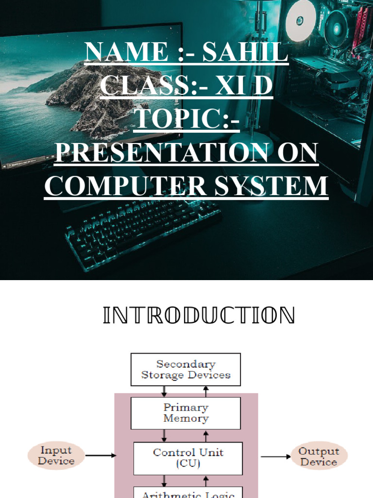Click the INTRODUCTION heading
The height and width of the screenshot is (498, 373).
(199, 316)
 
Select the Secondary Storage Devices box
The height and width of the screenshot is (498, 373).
(186, 370)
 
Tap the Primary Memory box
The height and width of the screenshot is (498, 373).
(186, 413)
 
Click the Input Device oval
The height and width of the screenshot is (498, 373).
(56, 456)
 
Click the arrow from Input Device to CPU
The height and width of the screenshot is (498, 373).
(101, 456)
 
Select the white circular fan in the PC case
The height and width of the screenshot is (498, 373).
(301, 20)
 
